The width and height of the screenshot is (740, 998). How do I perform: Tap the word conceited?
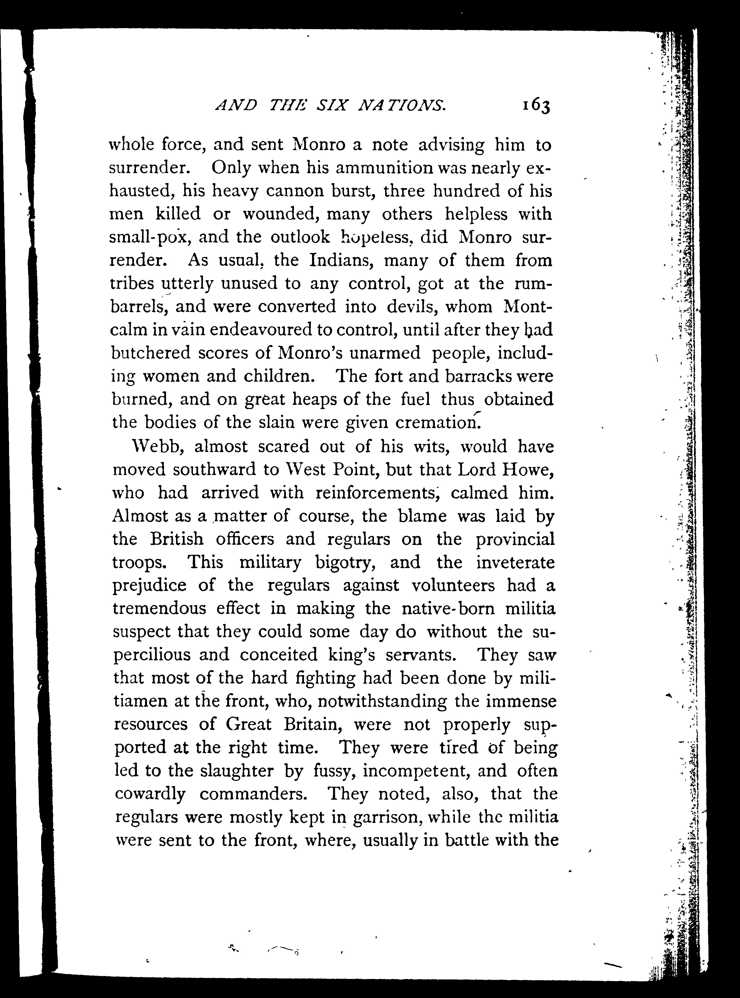tap(279, 654)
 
